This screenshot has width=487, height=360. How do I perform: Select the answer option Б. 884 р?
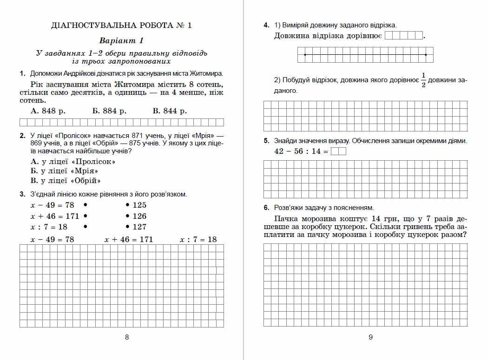point(109,111)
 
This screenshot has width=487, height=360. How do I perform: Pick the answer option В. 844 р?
point(170,111)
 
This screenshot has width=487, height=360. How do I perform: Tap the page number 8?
point(127,337)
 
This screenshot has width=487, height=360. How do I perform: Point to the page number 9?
point(370,337)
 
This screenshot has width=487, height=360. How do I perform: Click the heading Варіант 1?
point(121,40)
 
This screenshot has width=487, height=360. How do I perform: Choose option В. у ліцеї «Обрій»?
point(66,181)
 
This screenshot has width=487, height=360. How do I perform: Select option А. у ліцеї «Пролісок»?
point(73,162)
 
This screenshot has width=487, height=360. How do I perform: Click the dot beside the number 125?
point(127,205)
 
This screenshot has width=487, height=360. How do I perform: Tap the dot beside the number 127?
point(127,227)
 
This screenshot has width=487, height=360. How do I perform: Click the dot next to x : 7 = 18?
point(85,227)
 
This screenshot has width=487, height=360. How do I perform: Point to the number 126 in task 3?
point(139,216)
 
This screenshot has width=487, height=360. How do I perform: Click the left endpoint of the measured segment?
point(304,55)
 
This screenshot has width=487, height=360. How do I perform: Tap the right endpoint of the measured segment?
point(426,55)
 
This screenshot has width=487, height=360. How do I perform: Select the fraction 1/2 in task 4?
point(423,79)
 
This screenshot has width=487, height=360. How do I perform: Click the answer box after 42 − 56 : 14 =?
point(338,151)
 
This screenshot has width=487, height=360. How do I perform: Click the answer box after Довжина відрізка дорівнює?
point(403,36)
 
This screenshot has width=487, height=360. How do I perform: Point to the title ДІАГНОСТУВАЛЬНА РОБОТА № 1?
point(121,26)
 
